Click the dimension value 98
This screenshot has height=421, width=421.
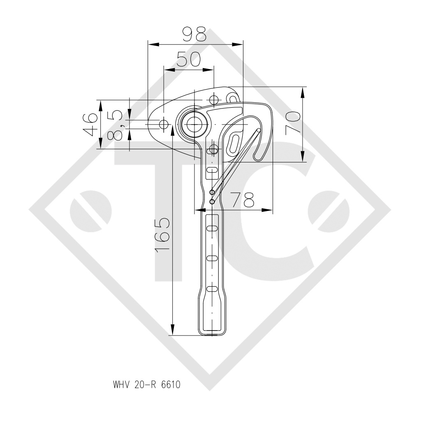pyautogui.click(x=195, y=35)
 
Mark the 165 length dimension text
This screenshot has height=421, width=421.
pyautogui.click(x=162, y=236)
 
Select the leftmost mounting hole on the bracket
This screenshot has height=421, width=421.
pyautogui.click(x=164, y=123)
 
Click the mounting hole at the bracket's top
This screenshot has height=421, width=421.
pyautogui.click(x=213, y=100)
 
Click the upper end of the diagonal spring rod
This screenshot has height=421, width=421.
pyautogui.click(x=258, y=131)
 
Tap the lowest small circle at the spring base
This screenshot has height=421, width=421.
pyautogui.click(x=212, y=201)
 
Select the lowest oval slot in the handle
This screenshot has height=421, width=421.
pyautogui.click(x=212, y=289)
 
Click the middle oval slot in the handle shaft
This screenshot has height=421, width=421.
pyautogui.click(x=212, y=258)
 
